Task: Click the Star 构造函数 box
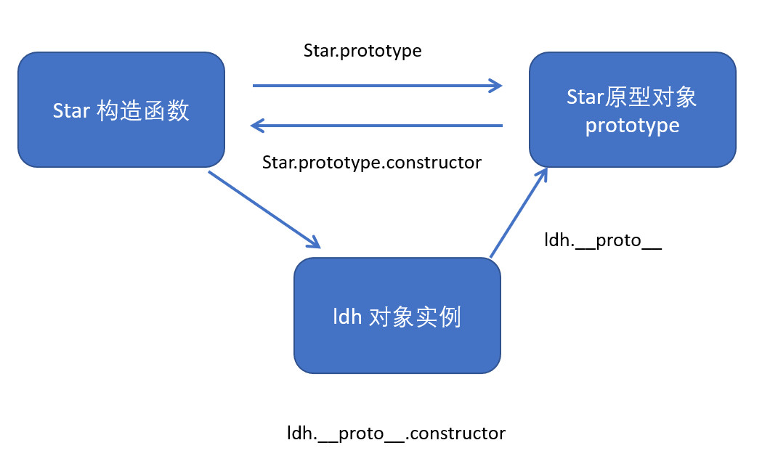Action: (121, 110)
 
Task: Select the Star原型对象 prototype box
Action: (632, 110)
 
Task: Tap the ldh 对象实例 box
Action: (397, 316)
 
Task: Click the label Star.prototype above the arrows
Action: (362, 51)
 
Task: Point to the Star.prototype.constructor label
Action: (371, 162)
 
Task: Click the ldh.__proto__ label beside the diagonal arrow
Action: (603, 240)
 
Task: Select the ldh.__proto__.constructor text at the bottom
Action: (396, 433)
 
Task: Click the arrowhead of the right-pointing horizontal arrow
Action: (496, 86)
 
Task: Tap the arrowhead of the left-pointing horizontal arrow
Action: (257, 126)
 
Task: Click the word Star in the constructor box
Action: (71, 111)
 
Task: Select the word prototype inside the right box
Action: (632, 126)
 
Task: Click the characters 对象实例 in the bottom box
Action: (416, 317)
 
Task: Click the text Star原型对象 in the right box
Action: (632, 97)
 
